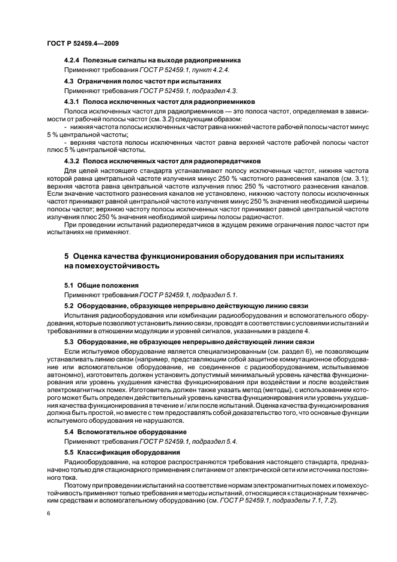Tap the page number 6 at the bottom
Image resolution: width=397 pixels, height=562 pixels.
48,514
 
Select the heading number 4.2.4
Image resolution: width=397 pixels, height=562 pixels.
72,61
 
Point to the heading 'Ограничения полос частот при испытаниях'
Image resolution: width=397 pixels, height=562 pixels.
153,80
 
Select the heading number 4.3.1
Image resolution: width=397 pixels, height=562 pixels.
72,101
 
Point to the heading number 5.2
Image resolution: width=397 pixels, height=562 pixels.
69,306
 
